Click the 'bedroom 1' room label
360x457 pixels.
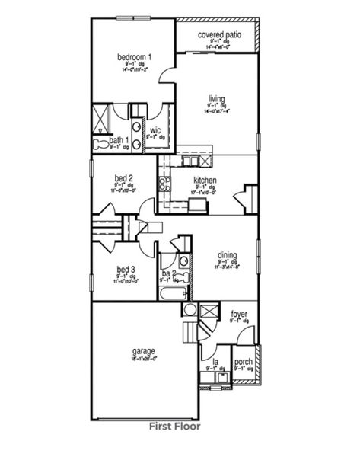click(x=135, y=57)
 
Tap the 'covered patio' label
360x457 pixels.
click(x=220, y=35)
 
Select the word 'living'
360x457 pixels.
click(x=218, y=97)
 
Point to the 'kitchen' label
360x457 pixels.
click(x=205, y=181)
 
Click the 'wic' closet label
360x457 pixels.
click(x=155, y=129)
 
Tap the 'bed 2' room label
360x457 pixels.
click(x=126, y=177)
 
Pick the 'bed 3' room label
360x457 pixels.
click(x=126, y=269)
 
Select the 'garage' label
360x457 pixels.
click(x=143, y=351)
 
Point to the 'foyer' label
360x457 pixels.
click(x=239, y=313)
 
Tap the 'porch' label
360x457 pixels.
click(x=244, y=363)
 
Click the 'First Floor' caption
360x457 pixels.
click(x=174, y=427)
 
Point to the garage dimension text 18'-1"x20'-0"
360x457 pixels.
click(x=144, y=359)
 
